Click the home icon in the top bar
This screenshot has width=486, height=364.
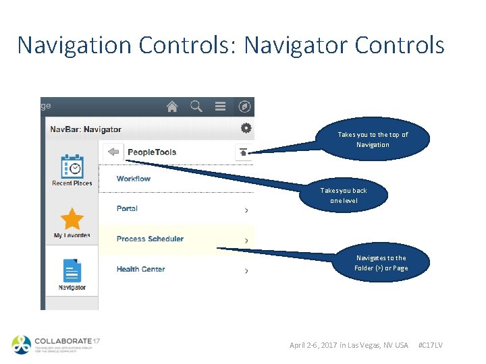(172, 107)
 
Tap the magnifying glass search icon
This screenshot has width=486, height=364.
(196, 107)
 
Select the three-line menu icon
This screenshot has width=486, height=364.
(220, 107)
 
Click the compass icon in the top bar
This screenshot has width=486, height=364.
(244, 107)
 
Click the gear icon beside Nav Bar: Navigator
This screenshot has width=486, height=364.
(246, 128)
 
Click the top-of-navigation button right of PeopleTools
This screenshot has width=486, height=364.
(244, 152)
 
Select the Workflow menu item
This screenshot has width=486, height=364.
(134, 179)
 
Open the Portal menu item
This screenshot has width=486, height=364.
(127, 209)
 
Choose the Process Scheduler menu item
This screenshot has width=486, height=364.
(150, 239)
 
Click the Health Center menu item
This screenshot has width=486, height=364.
(140, 269)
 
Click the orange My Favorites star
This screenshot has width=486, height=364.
(72, 219)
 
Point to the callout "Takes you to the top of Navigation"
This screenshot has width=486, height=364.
(373, 140)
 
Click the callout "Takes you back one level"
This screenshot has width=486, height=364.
(344, 195)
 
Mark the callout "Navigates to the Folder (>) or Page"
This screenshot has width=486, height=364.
(381, 263)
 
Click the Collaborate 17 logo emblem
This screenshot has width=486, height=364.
(22, 344)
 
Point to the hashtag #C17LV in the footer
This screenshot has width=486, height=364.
(431, 345)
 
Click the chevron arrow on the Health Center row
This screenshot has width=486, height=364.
(246, 270)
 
